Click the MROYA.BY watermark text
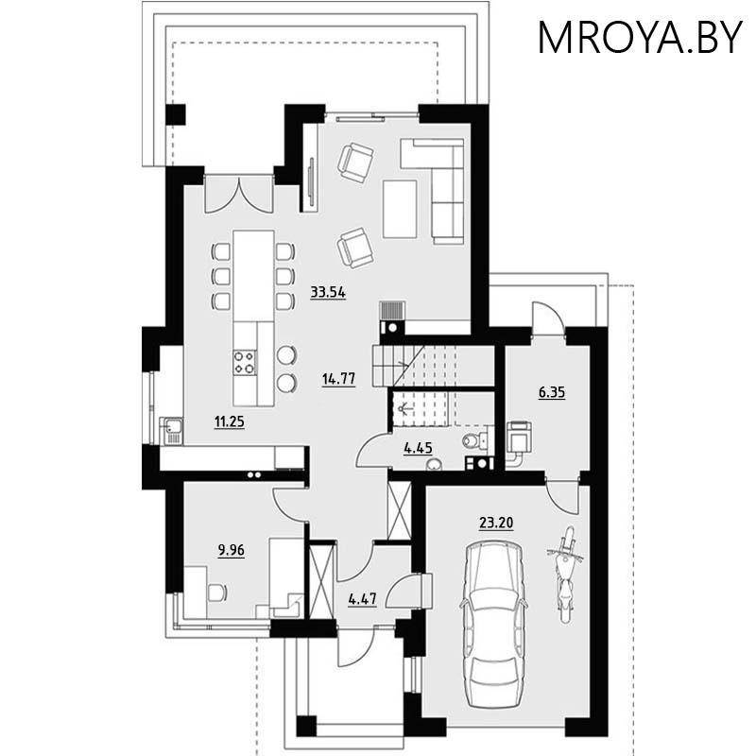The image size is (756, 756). click(x=640, y=38)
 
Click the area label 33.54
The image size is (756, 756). click(x=328, y=292)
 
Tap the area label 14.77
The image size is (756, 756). click(x=338, y=380)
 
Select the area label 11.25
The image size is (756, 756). click(x=229, y=422)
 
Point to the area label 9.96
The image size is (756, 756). click(x=232, y=550)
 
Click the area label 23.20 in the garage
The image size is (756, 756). click(x=495, y=522)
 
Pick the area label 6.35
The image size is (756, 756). click(x=552, y=391)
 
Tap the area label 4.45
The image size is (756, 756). click(x=418, y=449)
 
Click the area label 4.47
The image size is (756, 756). click(x=363, y=598)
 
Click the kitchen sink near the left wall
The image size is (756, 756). click(x=171, y=431)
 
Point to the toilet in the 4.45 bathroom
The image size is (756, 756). click(x=472, y=440)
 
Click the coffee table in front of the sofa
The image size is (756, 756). click(x=399, y=208)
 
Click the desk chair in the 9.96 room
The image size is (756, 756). click(x=216, y=593)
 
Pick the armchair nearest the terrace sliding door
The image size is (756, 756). click(x=355, y=162)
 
